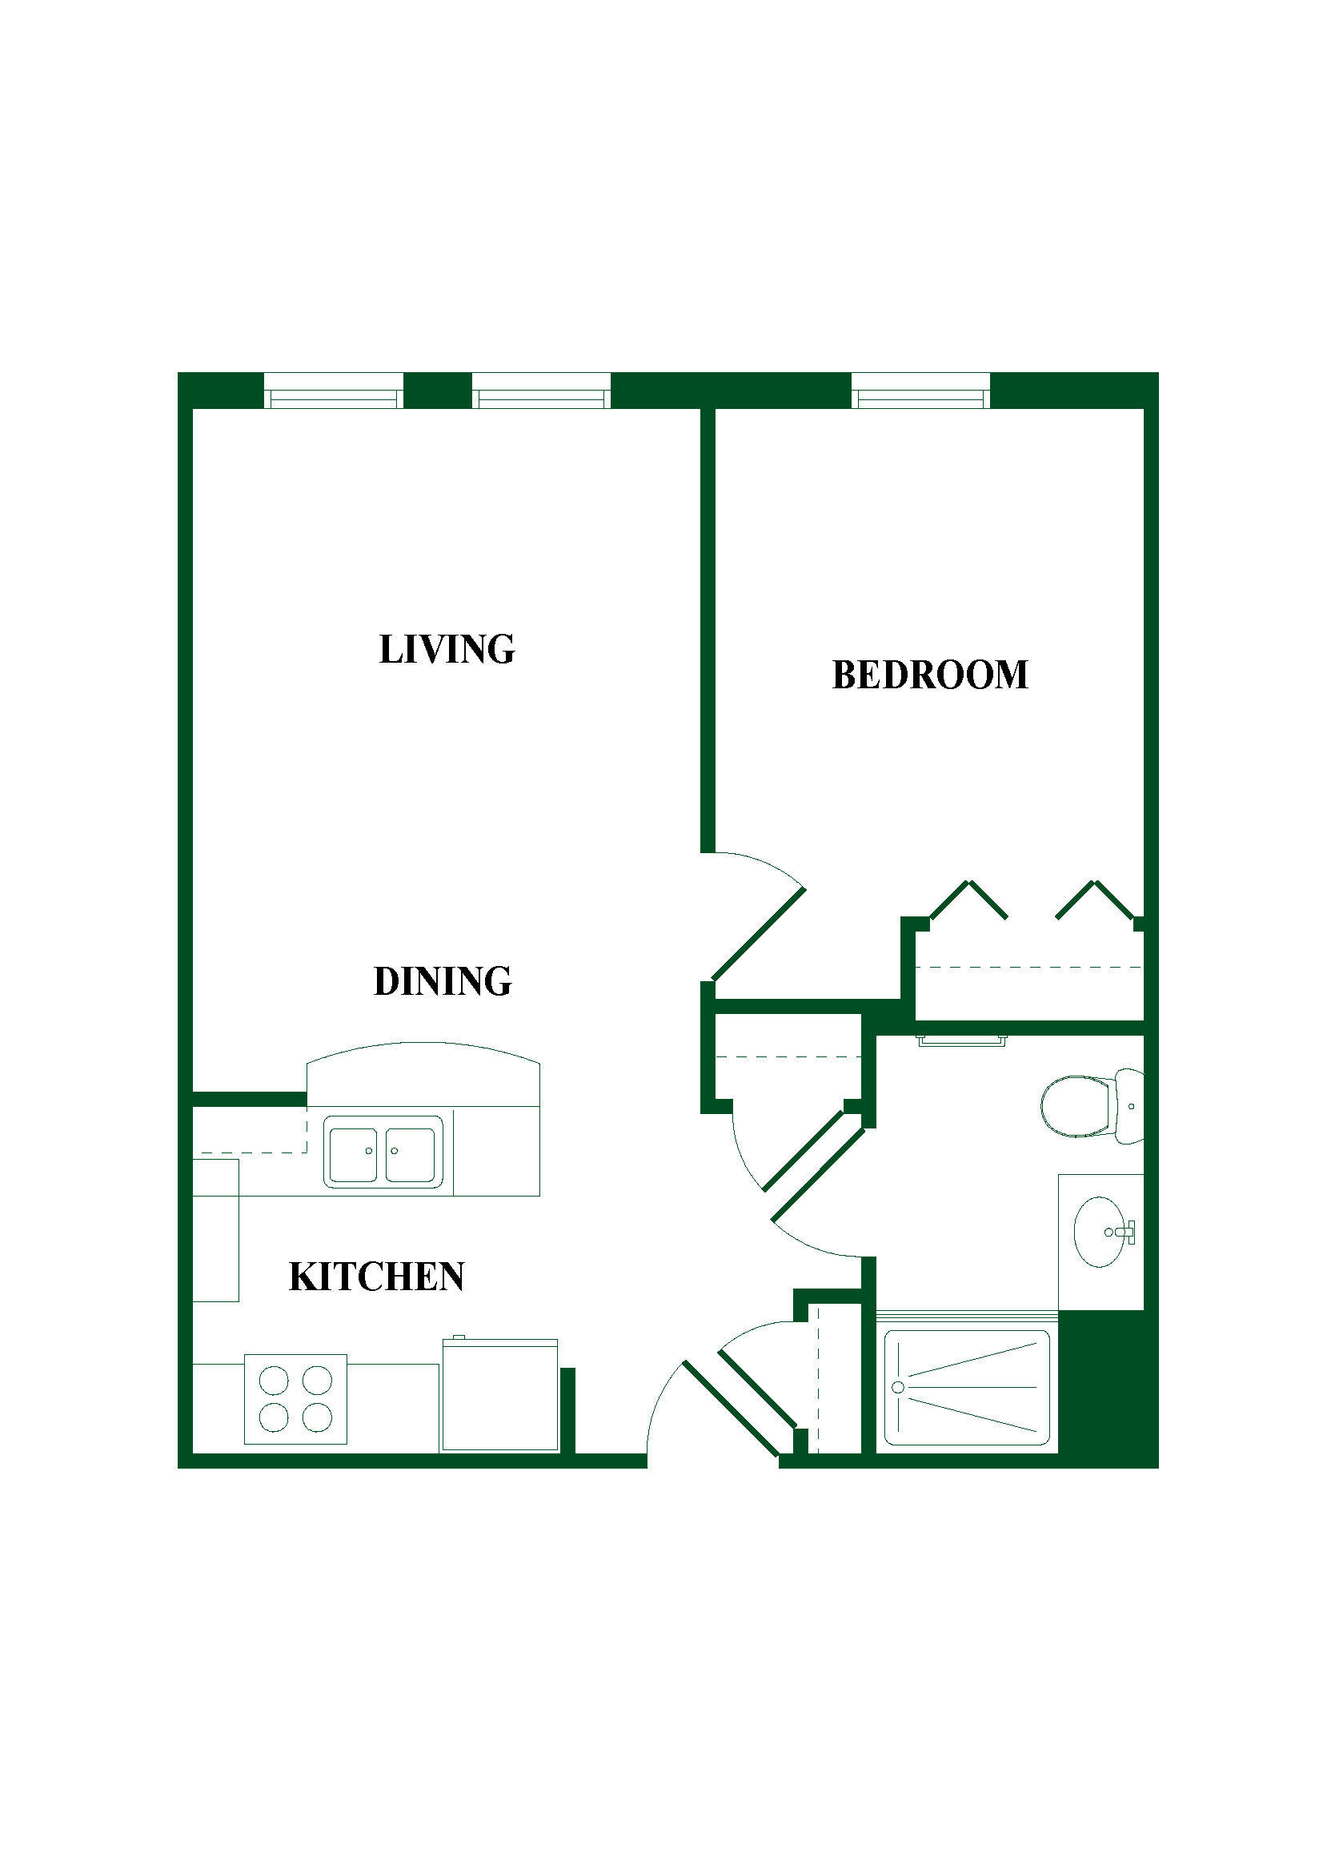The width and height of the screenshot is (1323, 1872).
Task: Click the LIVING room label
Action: [447, 650]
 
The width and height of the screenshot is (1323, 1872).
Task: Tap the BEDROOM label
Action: [930, 675]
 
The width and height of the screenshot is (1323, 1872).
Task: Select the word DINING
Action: [443, 981]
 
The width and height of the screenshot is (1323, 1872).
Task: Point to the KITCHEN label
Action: [377, 1277]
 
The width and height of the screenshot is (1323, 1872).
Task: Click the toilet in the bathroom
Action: [1092, 1106]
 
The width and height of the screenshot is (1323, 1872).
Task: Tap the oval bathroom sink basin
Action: [1100, 1232]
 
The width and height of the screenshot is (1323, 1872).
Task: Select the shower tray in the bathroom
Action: [967, 1388]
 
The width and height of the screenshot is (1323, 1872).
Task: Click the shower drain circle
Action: [898, 1387]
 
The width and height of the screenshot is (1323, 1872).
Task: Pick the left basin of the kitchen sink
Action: [353, 1155]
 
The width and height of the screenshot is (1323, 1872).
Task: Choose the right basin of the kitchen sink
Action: [410, 1155]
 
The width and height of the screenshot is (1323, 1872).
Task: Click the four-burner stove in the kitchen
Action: [296, 1399]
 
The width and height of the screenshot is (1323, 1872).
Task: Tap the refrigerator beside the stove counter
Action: [500, 1395]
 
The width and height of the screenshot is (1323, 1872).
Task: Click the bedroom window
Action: [920, 391]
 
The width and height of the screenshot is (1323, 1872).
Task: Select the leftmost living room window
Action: [334, 391]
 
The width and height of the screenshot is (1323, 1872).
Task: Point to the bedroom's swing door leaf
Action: [759, 933]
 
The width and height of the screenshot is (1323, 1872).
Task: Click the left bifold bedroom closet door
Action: [968, 900]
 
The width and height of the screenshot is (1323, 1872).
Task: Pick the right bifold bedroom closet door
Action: [1095, 900]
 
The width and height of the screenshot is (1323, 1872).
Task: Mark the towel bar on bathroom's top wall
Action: [962, 1041]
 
